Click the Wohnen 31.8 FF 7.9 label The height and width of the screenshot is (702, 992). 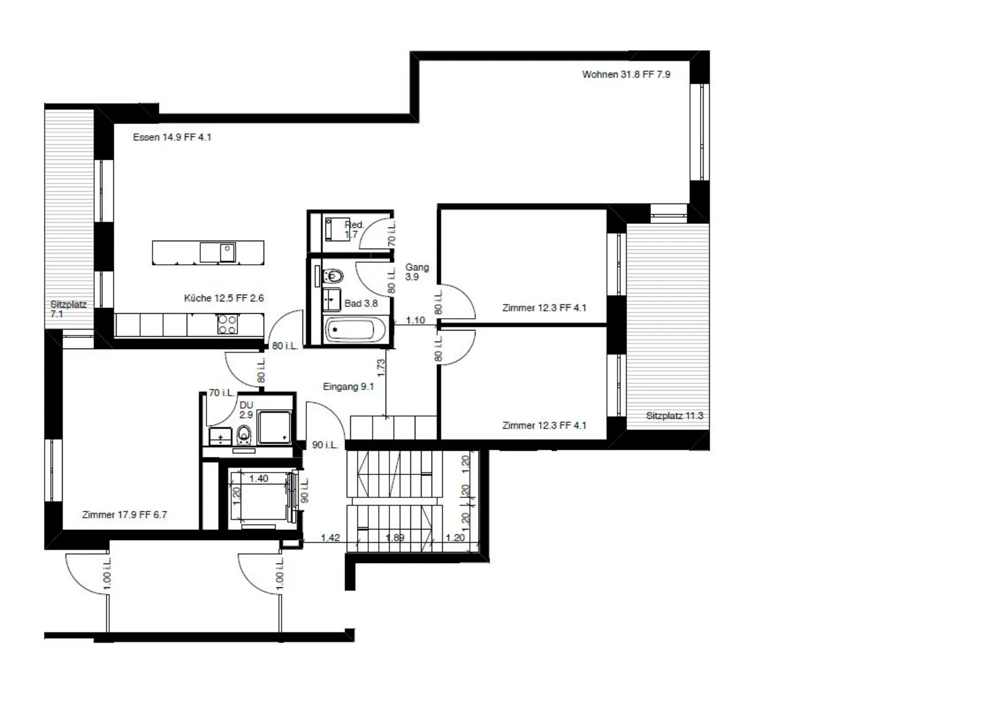626,74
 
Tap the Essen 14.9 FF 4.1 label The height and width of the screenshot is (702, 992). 172,137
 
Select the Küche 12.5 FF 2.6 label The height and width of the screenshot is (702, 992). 224,298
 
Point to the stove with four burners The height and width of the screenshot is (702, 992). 228,324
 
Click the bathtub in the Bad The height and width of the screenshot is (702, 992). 356,330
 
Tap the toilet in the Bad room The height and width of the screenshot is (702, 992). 334,277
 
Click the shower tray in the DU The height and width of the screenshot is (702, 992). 275,427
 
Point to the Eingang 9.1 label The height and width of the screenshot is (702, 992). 348,386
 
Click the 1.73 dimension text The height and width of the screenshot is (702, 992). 381,368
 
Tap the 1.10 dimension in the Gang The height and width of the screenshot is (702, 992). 415,320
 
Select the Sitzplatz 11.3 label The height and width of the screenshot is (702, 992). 675,416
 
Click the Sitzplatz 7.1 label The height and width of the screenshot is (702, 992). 68,309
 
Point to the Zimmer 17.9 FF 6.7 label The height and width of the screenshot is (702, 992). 125,515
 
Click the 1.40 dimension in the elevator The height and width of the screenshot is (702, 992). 259,479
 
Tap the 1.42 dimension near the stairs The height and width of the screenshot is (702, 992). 330,538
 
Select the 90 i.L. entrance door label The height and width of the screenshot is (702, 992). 325,445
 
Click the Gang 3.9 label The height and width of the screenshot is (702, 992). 417,272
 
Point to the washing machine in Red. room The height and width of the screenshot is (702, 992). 335,229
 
